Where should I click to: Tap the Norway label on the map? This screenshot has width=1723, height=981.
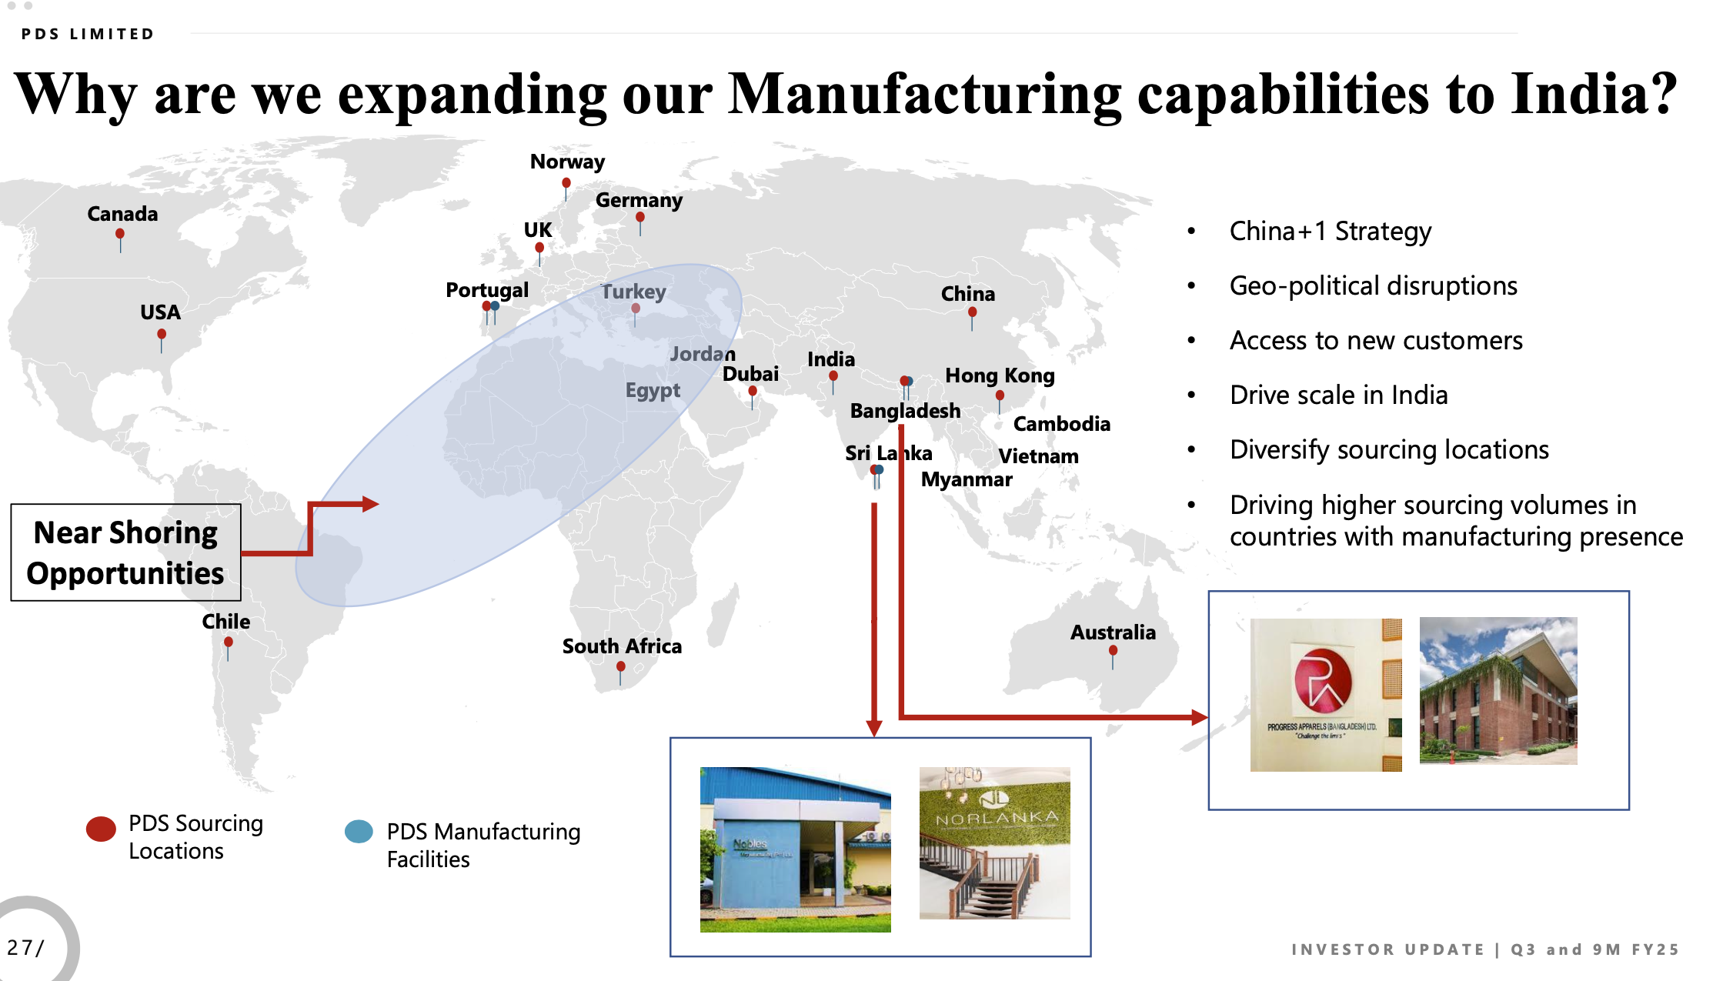[567, 162]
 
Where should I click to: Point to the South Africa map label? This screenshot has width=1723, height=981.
[622, 646]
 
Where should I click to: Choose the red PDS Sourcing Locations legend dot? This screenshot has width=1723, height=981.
[101, 829]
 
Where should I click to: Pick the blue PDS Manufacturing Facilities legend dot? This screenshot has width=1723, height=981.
[359, 832]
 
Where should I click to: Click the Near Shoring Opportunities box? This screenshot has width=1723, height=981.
[125, 552]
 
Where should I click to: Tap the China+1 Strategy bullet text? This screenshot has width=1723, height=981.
[1330, 231]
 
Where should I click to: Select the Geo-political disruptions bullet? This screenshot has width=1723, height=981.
[1373, 286]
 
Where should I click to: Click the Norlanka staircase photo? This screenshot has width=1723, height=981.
[994, 843]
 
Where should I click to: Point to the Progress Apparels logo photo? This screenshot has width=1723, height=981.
[1325, 695]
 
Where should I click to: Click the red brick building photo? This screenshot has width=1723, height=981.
[1498, 690]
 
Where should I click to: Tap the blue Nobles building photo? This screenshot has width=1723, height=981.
[795, 849]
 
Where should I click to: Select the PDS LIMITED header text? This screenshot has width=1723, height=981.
[88, 34]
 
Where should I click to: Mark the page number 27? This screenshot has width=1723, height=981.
[22, 947]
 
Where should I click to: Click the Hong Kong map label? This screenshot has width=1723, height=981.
[1000, 375]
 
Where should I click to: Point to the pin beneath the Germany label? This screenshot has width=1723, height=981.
[640, 219]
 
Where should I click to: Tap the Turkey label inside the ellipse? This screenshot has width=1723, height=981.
[633, 292]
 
